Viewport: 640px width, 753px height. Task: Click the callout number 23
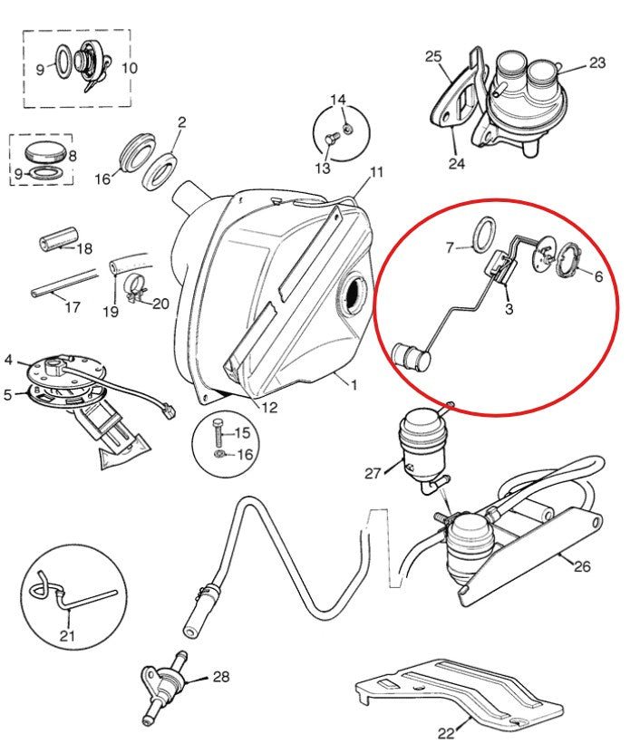(597, 63)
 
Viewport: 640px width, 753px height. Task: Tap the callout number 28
(221, 677)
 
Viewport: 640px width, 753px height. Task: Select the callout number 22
(446, 733)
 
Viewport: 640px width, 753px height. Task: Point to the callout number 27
(373, 474)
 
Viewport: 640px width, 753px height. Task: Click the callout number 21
(67, 636)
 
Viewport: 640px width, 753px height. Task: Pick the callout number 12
(269, 408)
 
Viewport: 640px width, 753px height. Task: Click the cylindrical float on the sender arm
(412, 357)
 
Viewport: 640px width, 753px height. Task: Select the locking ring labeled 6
(569, 261)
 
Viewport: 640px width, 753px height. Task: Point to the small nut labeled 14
(348, 129)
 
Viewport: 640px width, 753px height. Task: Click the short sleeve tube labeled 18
(58, 237)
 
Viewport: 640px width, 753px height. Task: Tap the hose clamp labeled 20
(135, 289)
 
